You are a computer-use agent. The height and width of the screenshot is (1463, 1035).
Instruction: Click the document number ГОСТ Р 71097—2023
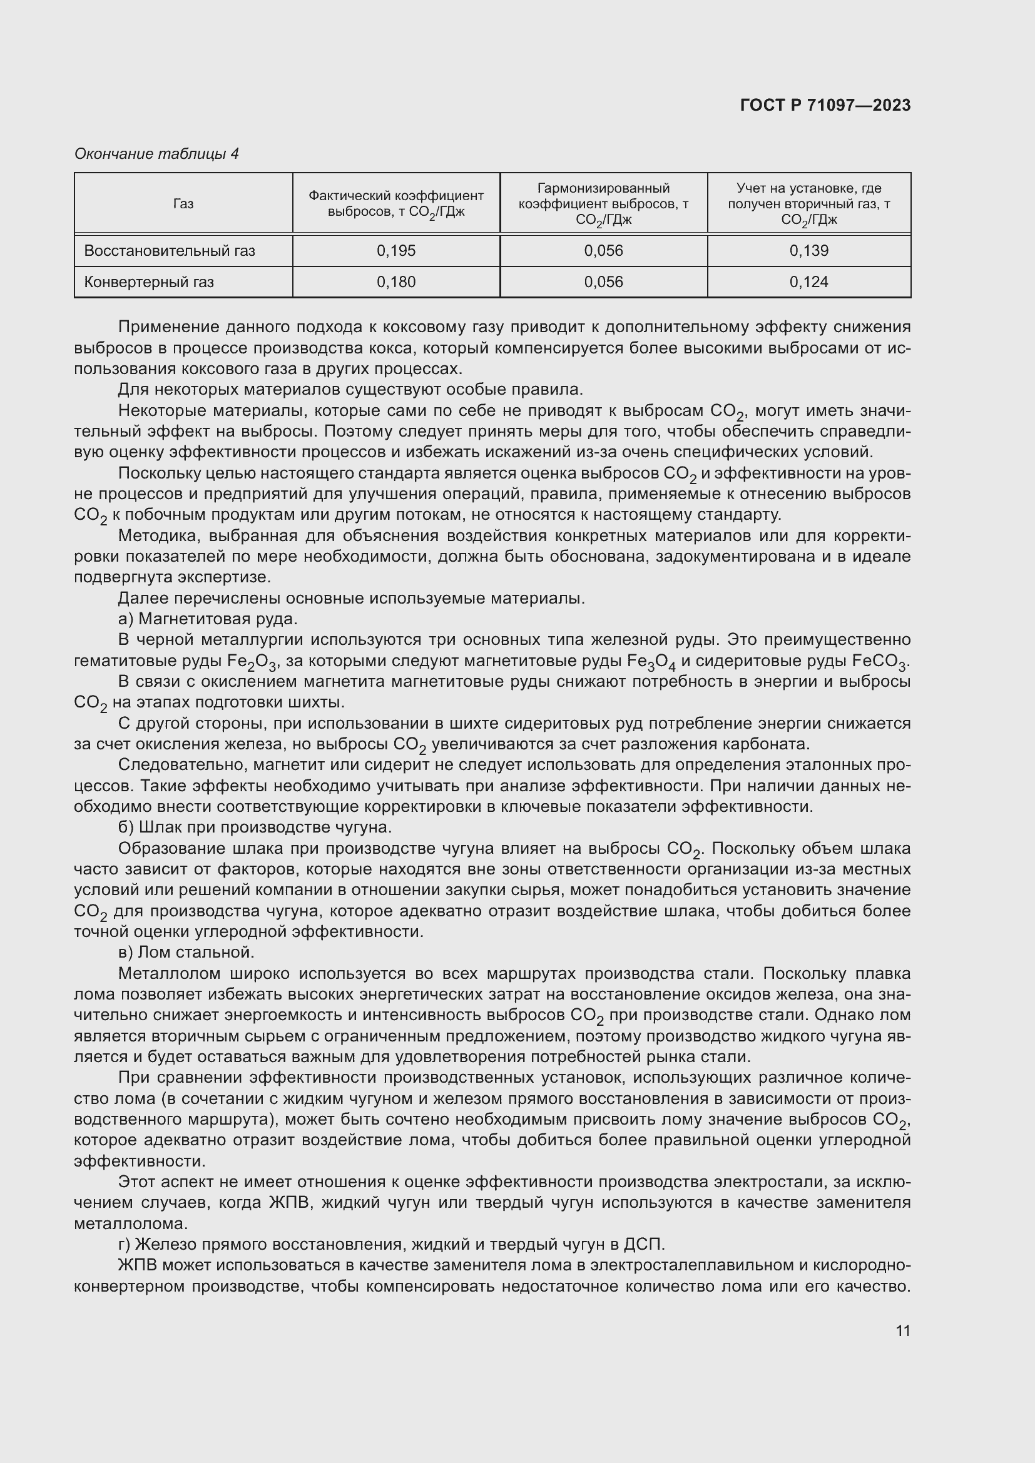click(x=825, y=106)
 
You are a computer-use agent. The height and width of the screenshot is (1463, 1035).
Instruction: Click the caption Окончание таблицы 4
click(x=157, y=154)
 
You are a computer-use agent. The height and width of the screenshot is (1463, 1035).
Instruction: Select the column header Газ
click(x=183, y=204)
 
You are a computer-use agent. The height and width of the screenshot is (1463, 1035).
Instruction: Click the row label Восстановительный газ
click(x=170, y=251)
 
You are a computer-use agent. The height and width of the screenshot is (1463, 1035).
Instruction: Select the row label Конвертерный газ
click(x=149, y=282)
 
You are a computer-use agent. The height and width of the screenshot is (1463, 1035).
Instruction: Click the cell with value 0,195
click(x=395, y=251)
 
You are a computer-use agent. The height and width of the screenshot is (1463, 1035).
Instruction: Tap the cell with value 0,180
click(x=395, y=282)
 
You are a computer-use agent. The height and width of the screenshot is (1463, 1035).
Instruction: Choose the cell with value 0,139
click(x=808, y=251)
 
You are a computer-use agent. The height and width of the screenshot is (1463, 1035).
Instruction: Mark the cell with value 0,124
click(x=808, y=282)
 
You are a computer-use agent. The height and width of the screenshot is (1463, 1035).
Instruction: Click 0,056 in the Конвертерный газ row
click(x=603, y=282)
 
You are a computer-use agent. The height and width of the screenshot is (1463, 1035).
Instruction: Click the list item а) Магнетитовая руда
click(x=208, y=619)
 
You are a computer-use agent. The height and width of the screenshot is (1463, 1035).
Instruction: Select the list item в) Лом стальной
click(x=186, y=953)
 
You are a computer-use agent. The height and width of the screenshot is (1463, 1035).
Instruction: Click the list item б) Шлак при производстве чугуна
click(x=255, y=828)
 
